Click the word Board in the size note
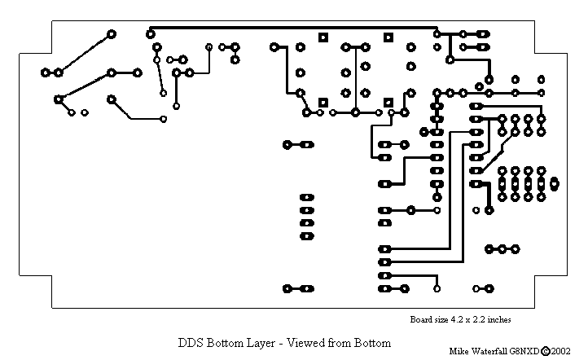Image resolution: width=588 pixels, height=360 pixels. click(420, 320)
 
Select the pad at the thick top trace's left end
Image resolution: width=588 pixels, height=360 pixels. click(150, 33)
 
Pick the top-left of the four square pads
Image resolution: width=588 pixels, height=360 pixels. click(323, 37)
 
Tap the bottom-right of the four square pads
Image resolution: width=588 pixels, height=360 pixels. click(389, 103)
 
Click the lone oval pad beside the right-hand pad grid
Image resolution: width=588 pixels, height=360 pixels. click(555, 183)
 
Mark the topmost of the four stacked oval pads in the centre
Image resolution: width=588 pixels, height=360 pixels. click(306, 197)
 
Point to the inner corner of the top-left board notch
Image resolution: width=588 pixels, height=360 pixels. click(52, 50)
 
